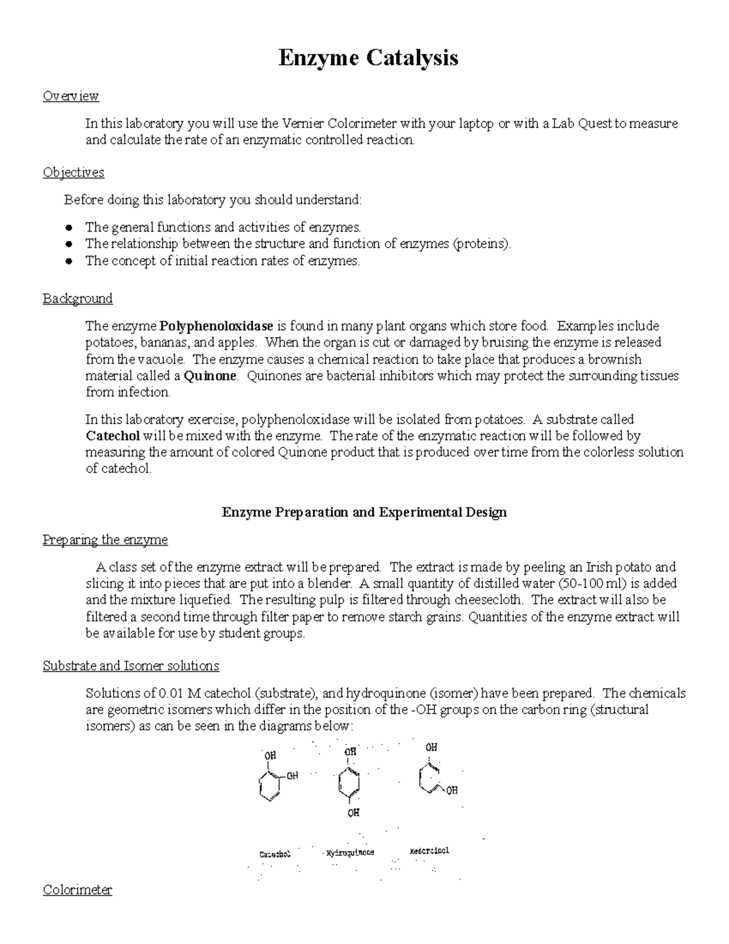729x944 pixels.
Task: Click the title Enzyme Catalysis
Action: click(368, 58)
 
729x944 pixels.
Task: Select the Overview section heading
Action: click(70, 96)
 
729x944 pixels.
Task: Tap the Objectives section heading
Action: click(74, 173)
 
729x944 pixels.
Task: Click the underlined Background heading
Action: click(78, 298)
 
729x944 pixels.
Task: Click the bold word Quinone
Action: click(210, 376)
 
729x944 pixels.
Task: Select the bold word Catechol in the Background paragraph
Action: click(113, 436)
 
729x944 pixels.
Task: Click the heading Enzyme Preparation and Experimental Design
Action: click(364, 512)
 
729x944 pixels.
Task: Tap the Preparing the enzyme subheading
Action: click(105, 540)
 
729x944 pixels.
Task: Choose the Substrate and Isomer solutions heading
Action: click(131, 666)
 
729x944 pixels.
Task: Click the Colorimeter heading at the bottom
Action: click(77, 890)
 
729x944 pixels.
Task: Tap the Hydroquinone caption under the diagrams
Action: click(351, 852)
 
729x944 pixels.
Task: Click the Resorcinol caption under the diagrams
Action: click(430, 850)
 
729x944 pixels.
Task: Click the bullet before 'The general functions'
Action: click(70, 228)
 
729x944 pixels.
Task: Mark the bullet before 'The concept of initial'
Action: click(70, 261)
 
